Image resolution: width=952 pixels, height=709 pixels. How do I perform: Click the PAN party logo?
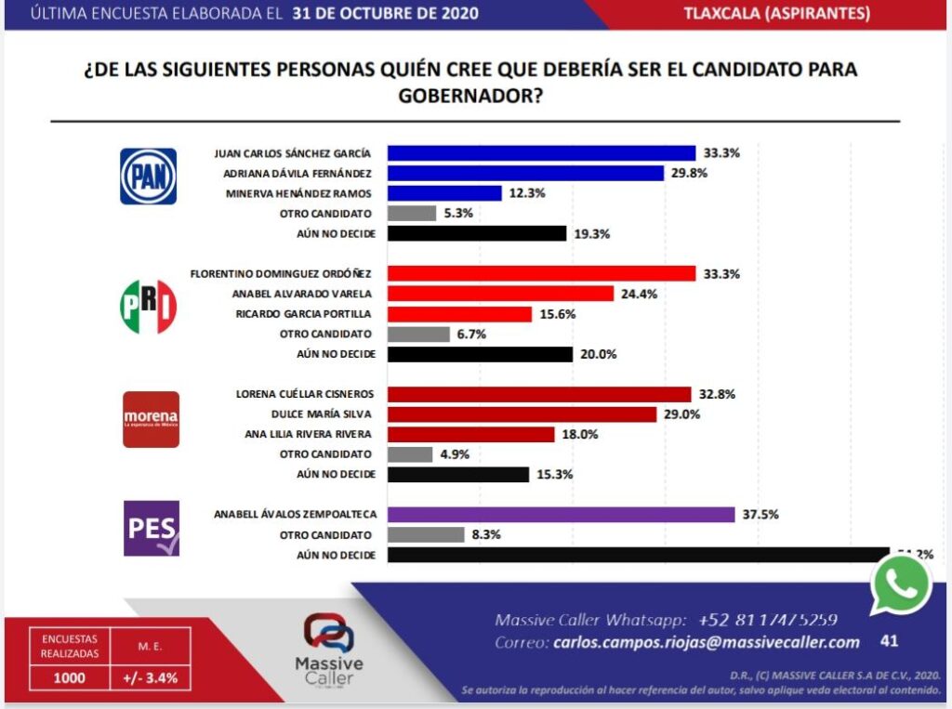click(148, 177)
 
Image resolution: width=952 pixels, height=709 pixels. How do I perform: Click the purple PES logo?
click(151, 528)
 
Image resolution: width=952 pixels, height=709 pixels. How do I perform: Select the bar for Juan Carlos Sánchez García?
click(541, 153)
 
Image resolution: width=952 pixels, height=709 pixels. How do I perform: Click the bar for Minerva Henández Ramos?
click(444, 193)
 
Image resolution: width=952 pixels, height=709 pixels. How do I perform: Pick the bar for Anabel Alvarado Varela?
click(500, 294)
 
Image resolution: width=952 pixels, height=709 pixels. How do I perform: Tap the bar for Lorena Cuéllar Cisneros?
click(539, 394)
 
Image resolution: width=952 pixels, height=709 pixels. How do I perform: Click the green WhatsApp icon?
click(900, 584)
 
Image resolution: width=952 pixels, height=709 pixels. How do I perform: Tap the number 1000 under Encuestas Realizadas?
click(70, 677)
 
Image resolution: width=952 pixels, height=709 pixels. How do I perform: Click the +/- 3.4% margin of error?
click(151, 677)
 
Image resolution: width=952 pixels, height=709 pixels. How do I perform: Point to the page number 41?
click(890, 641)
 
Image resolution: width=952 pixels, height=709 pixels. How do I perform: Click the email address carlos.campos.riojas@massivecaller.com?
click(706, 642)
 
